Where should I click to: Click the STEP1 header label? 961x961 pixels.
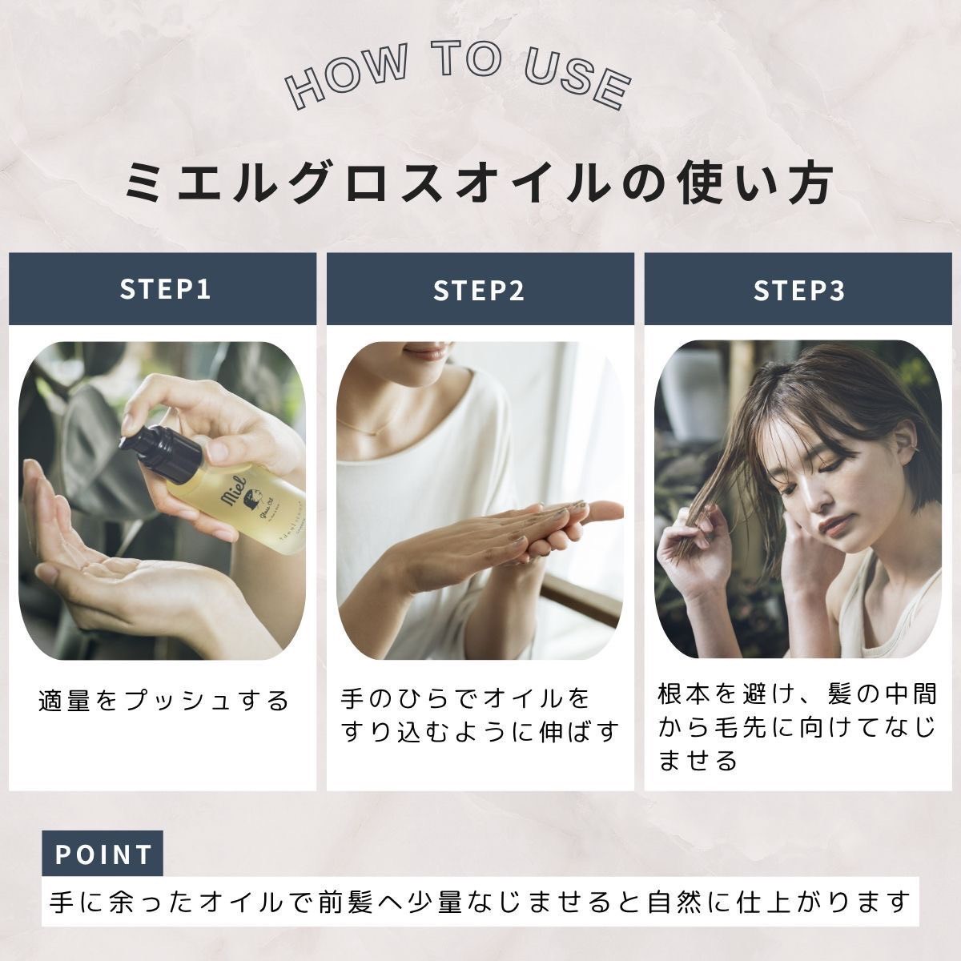166,289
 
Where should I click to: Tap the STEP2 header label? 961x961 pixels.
479,290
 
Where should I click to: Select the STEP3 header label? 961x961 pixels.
799,290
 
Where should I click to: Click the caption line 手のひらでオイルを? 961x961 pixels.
465,700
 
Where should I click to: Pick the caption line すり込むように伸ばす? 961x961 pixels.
480,733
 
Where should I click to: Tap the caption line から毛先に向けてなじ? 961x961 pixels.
797,728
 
